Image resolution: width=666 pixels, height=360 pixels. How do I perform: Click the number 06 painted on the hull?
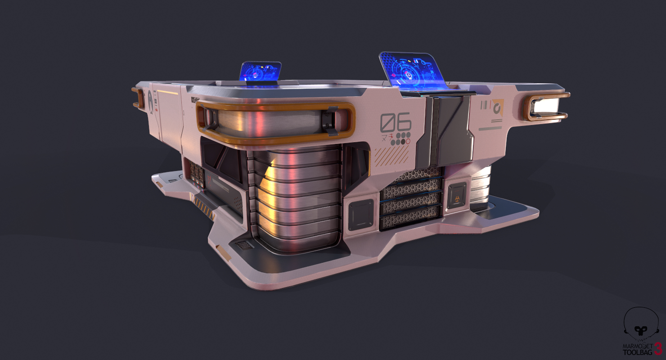click(396, 122)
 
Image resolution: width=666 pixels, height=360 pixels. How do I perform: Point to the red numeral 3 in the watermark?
click(658, 349)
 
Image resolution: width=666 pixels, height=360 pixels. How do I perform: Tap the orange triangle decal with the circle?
click(497, 106)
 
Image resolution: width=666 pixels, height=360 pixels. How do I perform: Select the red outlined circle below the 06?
click(408, 141)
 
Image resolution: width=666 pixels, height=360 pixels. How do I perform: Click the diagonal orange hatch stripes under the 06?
click(392, 155)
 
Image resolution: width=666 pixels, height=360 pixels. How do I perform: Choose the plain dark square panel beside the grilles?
click(360, 214)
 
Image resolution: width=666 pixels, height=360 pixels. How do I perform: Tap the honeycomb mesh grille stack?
click(411, 198)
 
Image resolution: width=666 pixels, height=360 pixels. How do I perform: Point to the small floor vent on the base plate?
click(243, 245)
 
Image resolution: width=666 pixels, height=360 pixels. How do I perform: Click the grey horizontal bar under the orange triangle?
click(490, 128)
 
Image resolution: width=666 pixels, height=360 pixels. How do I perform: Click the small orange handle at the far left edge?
click(136, 98)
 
